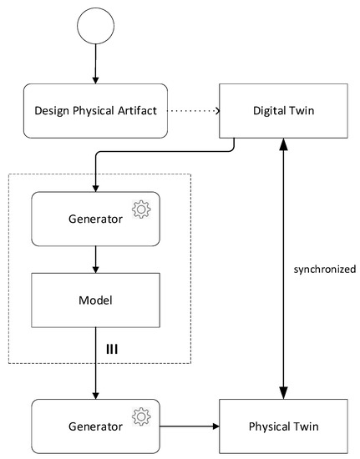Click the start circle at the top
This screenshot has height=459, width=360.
94,28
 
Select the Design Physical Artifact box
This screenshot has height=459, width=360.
94,110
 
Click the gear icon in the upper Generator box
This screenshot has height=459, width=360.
140,209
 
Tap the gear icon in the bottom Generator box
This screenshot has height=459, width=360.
140,415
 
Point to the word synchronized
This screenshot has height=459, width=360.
324,270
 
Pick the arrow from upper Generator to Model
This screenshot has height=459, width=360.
94,260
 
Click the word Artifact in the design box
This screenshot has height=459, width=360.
134,110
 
